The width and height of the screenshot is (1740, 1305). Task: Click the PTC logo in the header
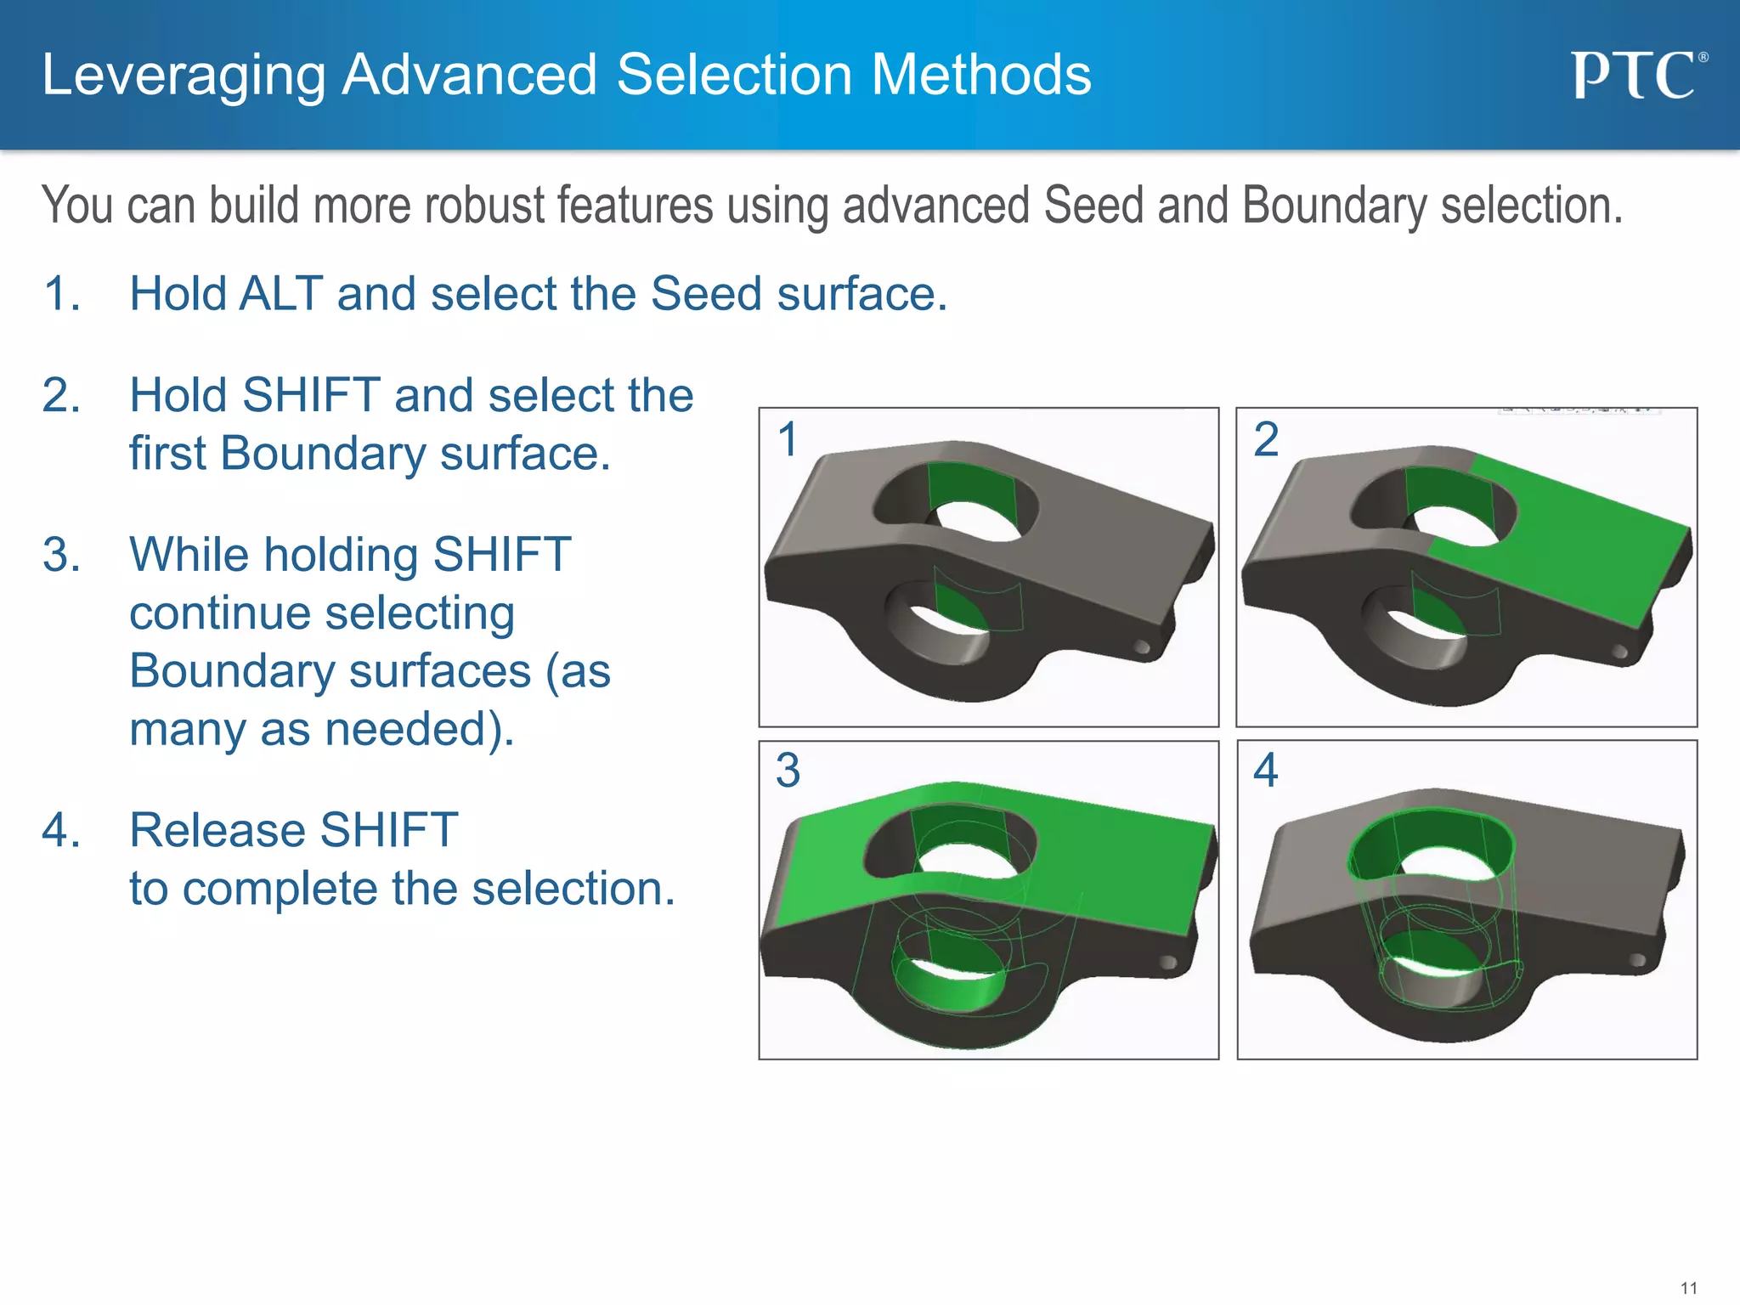(x=1637, y=76)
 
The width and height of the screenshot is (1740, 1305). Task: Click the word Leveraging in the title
(x=183, y=76)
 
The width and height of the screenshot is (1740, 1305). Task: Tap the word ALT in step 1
(x=281, y=294)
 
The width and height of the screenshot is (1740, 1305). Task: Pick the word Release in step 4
(x=217, y=830)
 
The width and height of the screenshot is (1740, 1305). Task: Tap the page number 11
(x=1688, y=1288)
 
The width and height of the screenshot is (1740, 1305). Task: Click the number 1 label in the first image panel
(x=788, y=439)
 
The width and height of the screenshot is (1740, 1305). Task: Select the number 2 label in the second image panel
(x=1265, y=439)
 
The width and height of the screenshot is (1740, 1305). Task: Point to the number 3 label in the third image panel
(x=788, y=770)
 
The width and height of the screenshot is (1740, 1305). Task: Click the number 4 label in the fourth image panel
(x=1265, y=770)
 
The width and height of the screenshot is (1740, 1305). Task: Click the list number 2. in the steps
(x=62, y=396)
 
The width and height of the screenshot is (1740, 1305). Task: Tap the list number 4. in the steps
(x=62, y=830)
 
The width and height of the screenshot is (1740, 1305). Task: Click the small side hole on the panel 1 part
(x=1143, y=648)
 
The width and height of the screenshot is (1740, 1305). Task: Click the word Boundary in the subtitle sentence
(x=1334, y=206)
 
